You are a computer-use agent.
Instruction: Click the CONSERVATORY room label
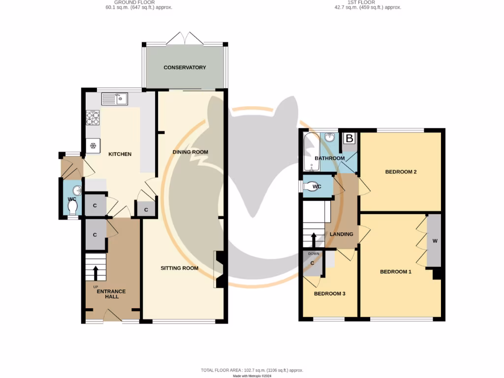pyautogui.click(x=185, y=67)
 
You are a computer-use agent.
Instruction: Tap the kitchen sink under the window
pyautogui.click(x=114, y=100)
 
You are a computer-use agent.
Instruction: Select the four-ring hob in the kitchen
pyautogui.click(x=93, y=118)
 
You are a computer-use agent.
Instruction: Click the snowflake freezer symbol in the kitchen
pyautogui.click(x=93, y=145)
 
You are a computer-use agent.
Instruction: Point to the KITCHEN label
pyautogui.click(x=120, y=154)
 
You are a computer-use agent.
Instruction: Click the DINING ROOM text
pyautogui.click(x=190, y=152)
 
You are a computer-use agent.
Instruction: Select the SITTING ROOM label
pyautogui.click(x=179, y=268)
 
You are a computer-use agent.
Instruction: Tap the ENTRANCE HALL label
pyautogui.click(x=111, y=294)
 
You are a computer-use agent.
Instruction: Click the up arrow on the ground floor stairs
pyautogui.click(x=95, y=272)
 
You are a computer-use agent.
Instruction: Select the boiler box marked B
pyautogui.click(x=349, y=139)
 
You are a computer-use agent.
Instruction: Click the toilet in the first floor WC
pyautogui.click(x=311, y=187)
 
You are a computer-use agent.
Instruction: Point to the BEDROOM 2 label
pyautogui.click(x=401, y=172)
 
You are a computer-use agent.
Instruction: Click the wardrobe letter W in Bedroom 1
pyautogui.click(x=435, y=241)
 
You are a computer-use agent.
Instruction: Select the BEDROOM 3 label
pyautogui.click(x=329, y=294)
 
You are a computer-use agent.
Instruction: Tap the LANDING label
pyautogui.click(x=342, y=234)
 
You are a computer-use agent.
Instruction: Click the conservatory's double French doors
pyautogui.click(x=185, y=38)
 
